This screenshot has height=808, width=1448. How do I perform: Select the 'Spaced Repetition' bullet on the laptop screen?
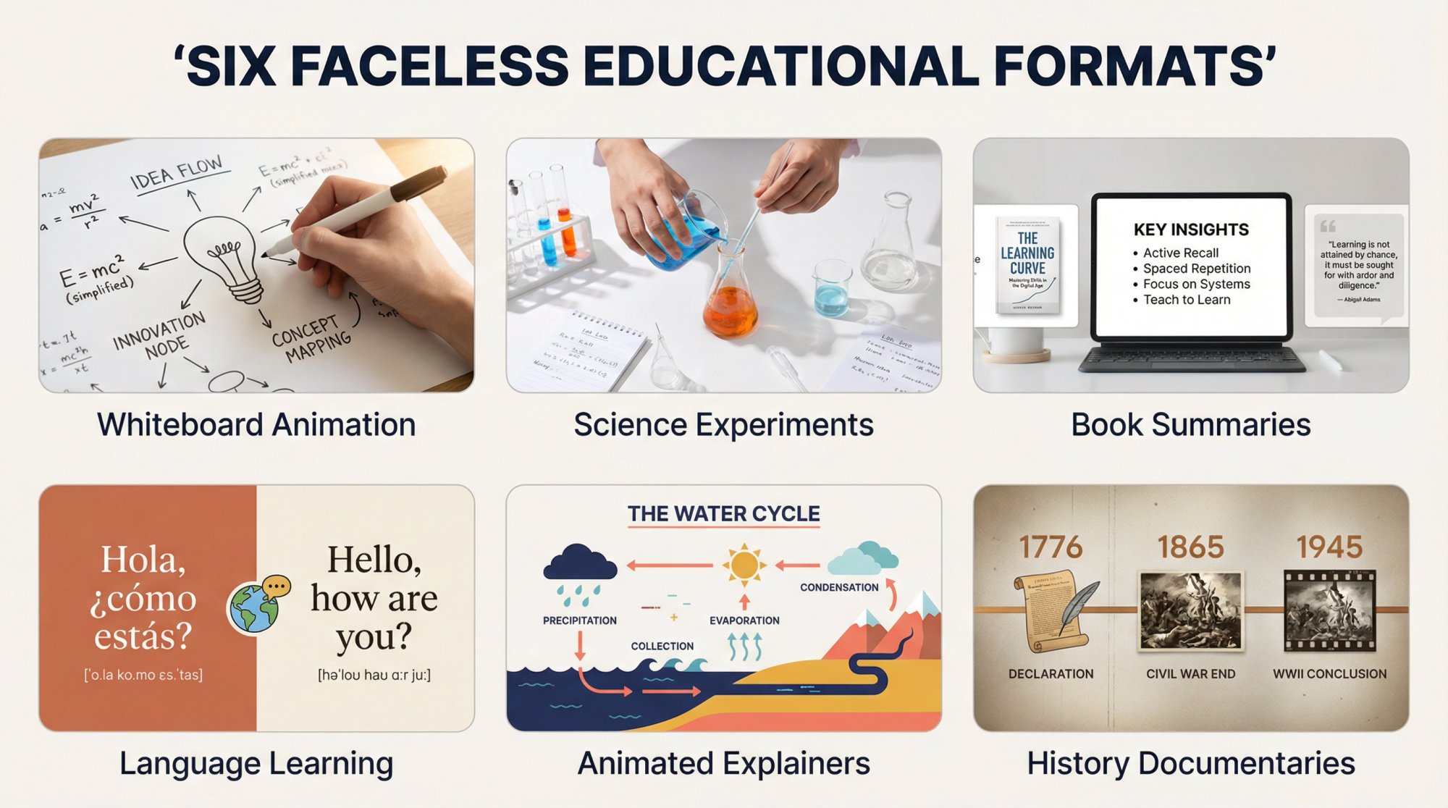(1196, 269)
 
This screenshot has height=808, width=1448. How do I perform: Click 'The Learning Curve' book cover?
(1027, 265)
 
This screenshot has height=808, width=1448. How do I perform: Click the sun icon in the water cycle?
(744, 565)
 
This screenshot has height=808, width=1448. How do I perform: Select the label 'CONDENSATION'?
(839, 587)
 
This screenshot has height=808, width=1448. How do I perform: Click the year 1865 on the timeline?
(1190, 547)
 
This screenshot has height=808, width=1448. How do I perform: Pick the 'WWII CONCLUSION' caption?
(1330, 673)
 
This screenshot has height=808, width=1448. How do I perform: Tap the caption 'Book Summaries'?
(1191, 425)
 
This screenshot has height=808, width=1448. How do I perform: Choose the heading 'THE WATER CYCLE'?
(723, 513)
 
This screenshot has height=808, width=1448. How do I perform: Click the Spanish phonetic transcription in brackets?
(143, 675)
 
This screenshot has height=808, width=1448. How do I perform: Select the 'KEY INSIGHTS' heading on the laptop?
(1191, 230)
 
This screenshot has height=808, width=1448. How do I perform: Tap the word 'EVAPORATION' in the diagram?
(744, 620)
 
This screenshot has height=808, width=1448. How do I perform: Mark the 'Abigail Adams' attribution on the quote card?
(1361, 299)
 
